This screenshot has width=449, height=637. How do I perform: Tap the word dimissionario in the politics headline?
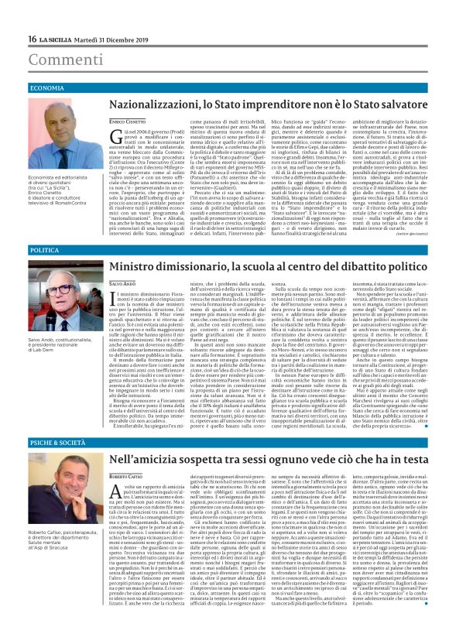click(x=212, y=267)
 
